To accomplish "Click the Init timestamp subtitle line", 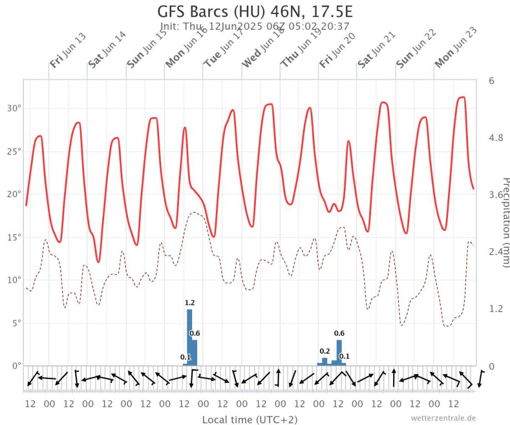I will pyautogui.click(x=255, y=26).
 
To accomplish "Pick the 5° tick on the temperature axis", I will pyautogui.click(x=15, y=323).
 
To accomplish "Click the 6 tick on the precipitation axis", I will pyautogui.click(x=491, y=81).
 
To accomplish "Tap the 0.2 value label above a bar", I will pyautogui.click(x=324, y=351).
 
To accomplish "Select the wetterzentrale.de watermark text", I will pyautogui.click(x=443, y=418).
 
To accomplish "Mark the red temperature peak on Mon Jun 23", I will pyautogui.click(x=461, y=98).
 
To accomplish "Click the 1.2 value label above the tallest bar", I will pyautogui.click(x=190, y=303).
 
